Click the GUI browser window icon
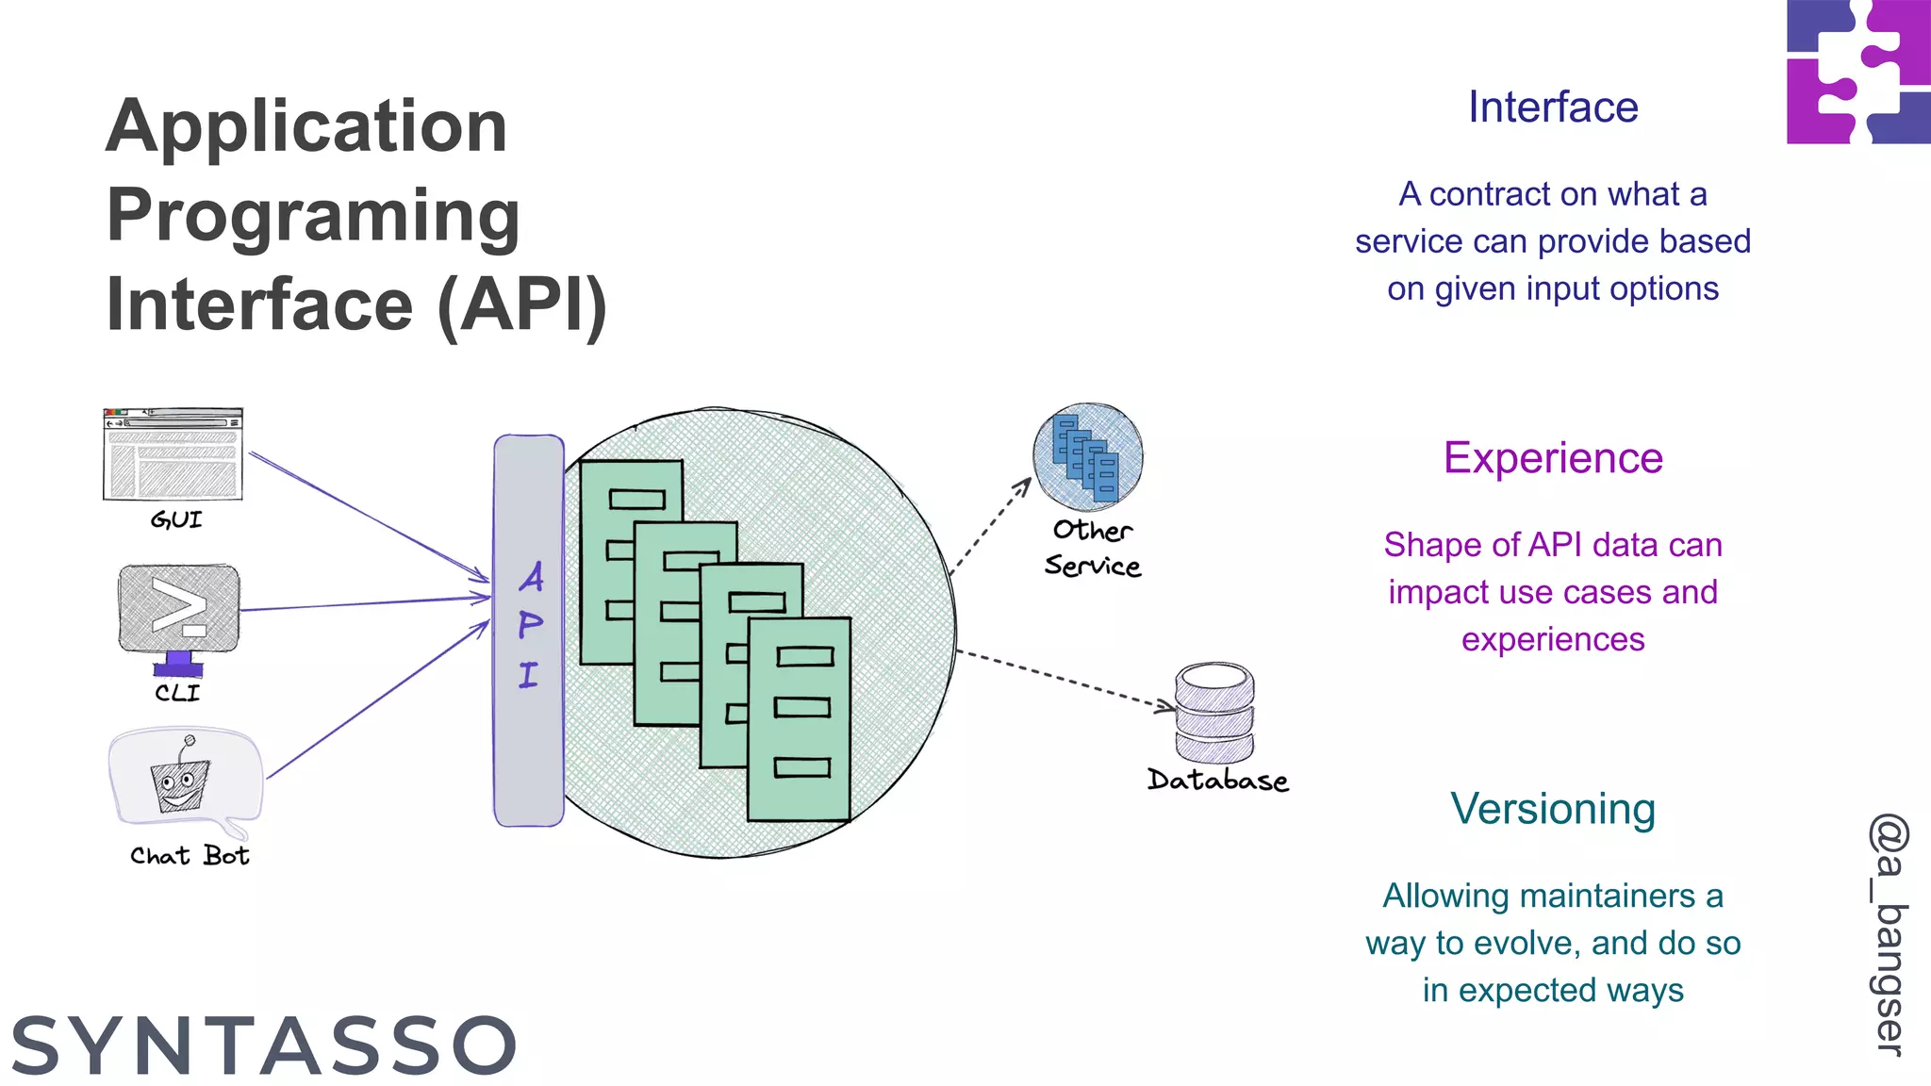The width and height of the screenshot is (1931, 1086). (173, 454)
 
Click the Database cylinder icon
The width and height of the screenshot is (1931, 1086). (1214, 713)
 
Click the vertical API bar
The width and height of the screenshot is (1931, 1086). (529, 630)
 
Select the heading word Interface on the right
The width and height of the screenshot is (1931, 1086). (1552, 107)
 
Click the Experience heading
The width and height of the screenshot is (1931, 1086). (1552, 458)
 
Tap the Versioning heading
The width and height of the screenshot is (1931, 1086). (1552, 809)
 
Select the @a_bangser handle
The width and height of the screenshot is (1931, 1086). (1889, 933)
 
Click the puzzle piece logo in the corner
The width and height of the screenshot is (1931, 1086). (1857, 72)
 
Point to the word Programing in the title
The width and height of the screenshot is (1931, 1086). (313, 215)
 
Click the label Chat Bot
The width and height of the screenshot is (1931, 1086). (189, 855)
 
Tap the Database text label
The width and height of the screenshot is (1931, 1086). (1217, 781)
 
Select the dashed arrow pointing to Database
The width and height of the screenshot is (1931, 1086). (1065, 678)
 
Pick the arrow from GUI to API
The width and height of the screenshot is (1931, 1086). (368, 516)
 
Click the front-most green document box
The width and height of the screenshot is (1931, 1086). (800, 718)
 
